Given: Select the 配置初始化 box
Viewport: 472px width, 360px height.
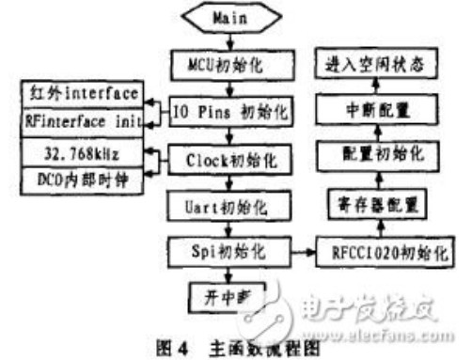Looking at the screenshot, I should (376, 153).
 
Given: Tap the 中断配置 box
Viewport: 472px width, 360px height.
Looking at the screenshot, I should (376, 110).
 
